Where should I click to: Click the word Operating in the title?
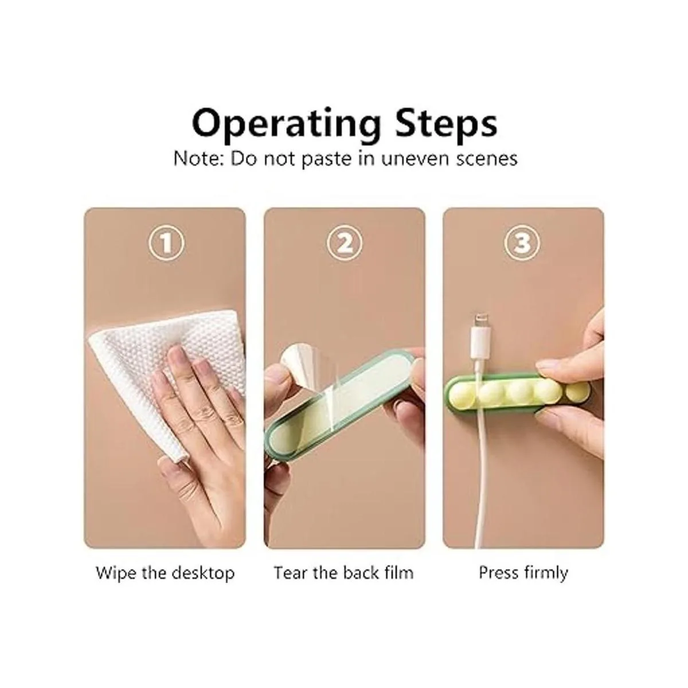286,124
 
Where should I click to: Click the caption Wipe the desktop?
165,573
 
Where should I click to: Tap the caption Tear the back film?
344,573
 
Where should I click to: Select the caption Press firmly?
523,573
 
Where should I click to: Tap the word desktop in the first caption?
203,573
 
